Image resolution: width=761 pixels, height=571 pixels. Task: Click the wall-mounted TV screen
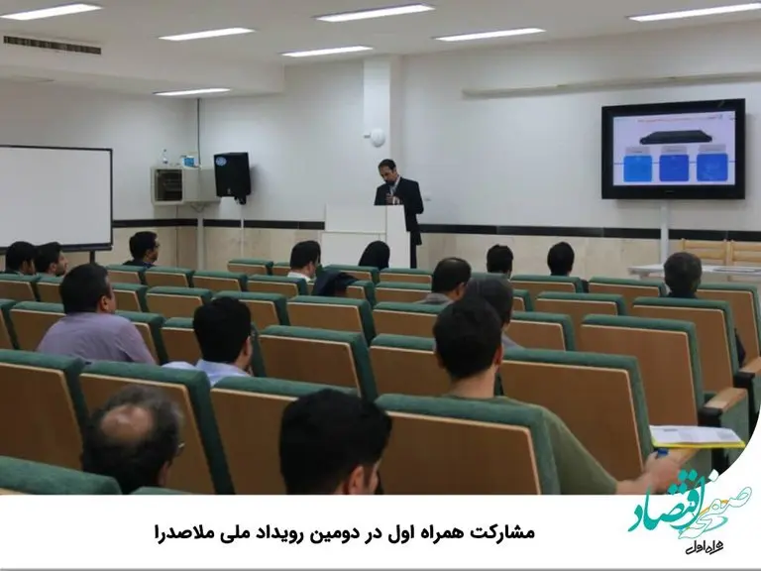673,149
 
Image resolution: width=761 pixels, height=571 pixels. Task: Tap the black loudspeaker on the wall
232,174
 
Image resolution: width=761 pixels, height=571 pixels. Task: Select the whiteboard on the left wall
54,196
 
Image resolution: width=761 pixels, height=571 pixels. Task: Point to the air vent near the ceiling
52,45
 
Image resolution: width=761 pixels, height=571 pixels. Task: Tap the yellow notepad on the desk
695,436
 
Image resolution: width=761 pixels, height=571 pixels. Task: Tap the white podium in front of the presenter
356,233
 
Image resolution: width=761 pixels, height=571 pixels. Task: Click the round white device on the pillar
378,137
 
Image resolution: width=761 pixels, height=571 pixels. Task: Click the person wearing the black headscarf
375,256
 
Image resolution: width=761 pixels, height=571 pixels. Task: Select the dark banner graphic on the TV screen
673,138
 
